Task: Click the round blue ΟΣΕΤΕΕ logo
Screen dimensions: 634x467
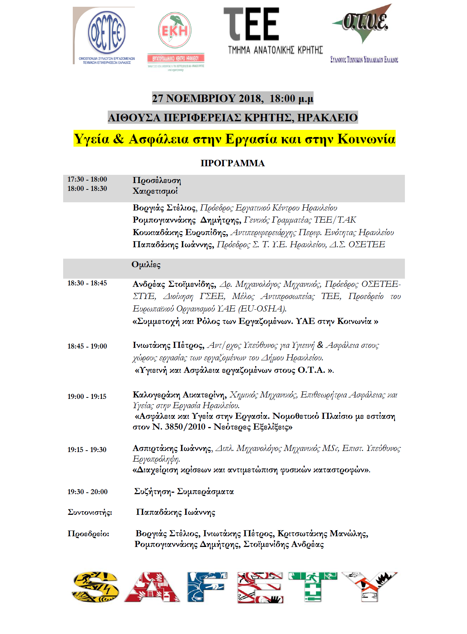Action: click(106, 32)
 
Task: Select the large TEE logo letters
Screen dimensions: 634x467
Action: click(252, 24)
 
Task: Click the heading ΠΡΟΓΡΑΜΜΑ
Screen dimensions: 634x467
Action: click(233, 163)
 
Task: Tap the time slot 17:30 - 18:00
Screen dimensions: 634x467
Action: click(87, 179)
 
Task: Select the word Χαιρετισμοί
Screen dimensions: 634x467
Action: click(155, 191)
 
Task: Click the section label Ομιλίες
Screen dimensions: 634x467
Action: click(146, 264)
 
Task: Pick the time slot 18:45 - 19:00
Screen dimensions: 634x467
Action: click(87, 346)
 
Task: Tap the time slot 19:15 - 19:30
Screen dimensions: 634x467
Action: click(87, 450)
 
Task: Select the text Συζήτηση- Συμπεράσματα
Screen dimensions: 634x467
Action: click(184, 491)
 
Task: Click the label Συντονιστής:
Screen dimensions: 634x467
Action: click(90, 512)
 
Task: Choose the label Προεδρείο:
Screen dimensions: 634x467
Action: click(88, 534)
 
